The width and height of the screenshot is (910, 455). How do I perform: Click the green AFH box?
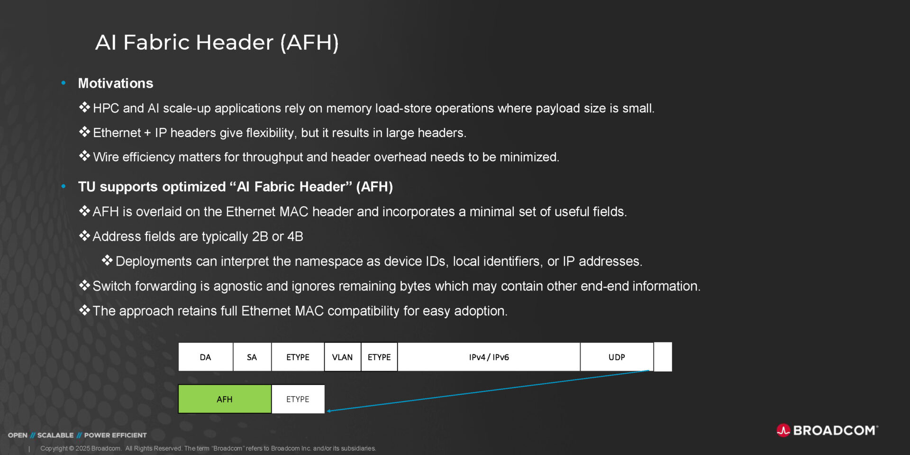click(225, 399)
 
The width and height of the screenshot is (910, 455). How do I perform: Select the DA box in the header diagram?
click(205, 357)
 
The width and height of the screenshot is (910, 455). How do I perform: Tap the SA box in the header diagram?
click(252, 357)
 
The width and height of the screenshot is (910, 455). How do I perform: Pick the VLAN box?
click(342, 357)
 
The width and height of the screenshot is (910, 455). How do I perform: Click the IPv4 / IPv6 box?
click(489, 357)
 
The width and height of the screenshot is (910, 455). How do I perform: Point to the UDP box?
click(616, 357)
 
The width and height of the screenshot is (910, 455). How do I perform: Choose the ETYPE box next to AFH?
click(298, 399)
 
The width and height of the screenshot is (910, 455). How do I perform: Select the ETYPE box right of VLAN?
click(379, 357)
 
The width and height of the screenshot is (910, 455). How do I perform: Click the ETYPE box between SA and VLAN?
click(298, 357)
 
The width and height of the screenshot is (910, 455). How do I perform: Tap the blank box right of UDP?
click(663, 357)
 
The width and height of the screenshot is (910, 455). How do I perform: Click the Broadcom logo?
click(827, 430)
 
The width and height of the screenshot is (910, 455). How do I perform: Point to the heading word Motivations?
click(116, 83)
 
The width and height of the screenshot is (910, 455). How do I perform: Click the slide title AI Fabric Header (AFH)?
click(217, 42)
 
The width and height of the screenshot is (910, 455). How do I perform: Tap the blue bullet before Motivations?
click(64, 83)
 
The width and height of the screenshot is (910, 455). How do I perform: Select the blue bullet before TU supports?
click(64, 186)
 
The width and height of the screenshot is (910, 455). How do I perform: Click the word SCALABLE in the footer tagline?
click(55, 435)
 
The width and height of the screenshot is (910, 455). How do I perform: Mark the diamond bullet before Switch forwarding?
click(84, 285)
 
